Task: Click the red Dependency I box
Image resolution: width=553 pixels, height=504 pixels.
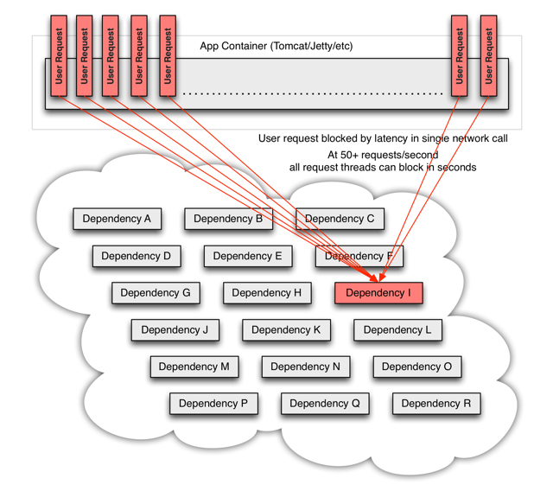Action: (378, 293)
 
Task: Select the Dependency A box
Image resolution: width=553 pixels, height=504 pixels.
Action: (117, 219)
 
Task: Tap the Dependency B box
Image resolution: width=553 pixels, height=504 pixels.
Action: (228, 219)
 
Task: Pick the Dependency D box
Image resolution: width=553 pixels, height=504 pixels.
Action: (137, 256)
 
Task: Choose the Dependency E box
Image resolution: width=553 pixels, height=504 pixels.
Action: (248, 256)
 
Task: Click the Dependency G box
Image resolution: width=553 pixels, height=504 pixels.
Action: (156, 293)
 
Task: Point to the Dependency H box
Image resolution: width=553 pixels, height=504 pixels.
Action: (267, 293)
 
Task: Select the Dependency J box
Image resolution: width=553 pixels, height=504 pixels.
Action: (175, 329)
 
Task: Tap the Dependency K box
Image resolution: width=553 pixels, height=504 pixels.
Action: (286, 329)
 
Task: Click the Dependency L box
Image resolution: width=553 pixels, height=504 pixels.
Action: (397, 329)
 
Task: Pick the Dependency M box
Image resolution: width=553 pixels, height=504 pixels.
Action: (194, 367)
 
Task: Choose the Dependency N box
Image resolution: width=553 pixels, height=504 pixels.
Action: (305, 367)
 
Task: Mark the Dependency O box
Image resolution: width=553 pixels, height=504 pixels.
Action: (416, 367)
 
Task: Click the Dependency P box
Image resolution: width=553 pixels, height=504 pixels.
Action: (213, 403)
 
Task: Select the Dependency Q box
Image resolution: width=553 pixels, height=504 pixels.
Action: (325, 403)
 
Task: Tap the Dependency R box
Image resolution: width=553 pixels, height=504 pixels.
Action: (436, 403)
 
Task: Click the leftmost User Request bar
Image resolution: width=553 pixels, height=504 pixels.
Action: (59, 55)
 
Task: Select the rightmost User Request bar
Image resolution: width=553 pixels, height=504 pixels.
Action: (488, 55)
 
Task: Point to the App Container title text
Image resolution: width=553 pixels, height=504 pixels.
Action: (276, 46)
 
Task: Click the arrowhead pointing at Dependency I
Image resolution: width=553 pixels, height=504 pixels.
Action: (377, 279)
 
